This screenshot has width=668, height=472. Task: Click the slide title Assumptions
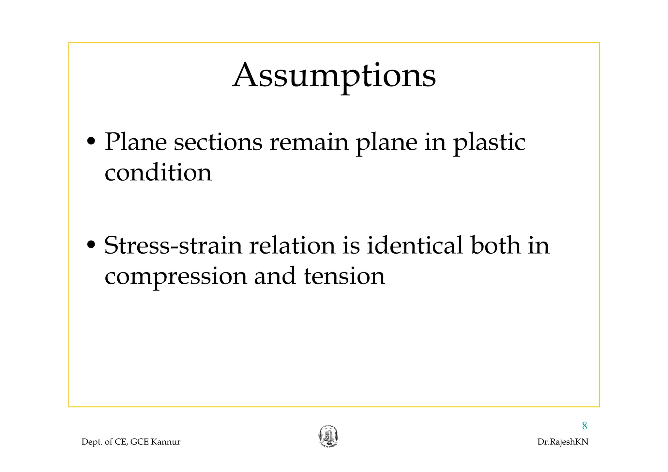[334, 76]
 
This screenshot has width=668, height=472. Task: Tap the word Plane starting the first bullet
[136, 142]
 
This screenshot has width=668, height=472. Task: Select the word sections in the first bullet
[218, 142]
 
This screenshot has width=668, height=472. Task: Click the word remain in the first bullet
[309, 142]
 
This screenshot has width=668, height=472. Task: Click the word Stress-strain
[173, 245]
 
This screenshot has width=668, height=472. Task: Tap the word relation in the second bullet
[292, 245]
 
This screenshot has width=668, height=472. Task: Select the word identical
[415, 245]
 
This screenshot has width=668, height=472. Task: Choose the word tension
[344, 276]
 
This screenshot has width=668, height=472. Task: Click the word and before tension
[275, 276]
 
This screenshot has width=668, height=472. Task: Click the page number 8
[584, 426]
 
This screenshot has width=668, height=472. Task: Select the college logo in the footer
[328, 437]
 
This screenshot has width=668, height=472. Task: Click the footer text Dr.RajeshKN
[563, 442]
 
